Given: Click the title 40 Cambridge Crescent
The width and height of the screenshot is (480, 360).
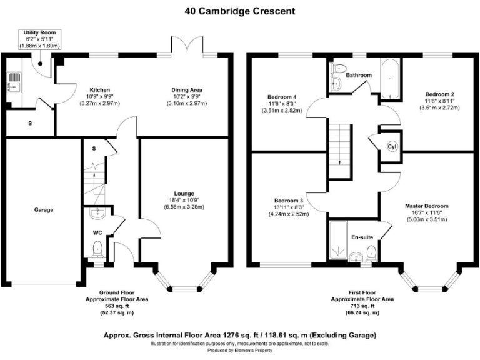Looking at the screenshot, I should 240,11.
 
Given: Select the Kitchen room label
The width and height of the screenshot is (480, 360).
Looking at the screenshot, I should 101,89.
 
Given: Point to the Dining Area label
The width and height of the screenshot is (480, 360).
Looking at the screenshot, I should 187,89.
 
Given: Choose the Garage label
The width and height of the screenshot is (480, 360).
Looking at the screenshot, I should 43,210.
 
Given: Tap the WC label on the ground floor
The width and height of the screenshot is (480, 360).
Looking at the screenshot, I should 97,232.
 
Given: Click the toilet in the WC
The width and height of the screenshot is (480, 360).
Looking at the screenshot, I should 97,251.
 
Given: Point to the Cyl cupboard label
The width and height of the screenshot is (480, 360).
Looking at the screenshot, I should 392,147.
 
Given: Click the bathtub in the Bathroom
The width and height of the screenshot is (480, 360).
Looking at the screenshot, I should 389,79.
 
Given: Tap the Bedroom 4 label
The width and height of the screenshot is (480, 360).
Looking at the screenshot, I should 281,97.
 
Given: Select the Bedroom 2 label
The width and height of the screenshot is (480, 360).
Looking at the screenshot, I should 439,94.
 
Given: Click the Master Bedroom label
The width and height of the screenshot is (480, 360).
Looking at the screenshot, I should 426,206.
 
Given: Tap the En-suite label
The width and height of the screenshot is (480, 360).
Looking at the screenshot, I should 362,237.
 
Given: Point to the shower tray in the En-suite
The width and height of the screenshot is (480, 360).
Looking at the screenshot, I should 339,242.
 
